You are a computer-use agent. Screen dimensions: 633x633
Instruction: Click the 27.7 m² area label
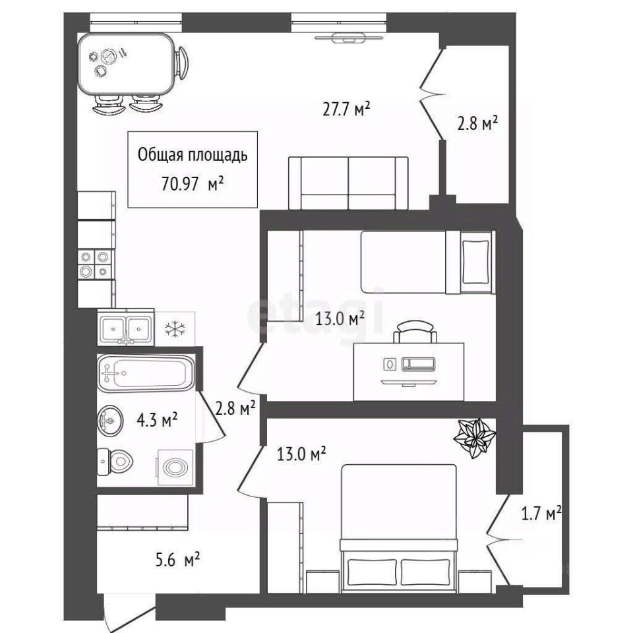pyautogui.click(x=346, y=109)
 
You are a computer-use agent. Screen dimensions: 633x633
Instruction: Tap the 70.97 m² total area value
pyautogui.click(x=193, y=184)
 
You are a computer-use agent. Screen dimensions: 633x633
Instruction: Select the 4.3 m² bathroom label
pyautogui.click(x=157, y=420)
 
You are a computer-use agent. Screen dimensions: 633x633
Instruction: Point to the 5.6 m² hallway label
pyautogui.click(x=177, y=560)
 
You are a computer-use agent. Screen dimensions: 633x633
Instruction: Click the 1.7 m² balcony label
pyautogui.click(x=541, y=514)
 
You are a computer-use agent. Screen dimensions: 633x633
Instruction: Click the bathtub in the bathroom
pyautogui.click(x=146, y=373)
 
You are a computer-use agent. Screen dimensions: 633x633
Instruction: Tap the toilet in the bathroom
pyautogui.click(x=115, y=462)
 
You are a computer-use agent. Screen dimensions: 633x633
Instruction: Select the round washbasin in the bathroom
pyautogui.click(x=110, y=421)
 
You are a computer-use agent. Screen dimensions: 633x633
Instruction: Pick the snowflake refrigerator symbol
pyautogui.click(x=175, y=329)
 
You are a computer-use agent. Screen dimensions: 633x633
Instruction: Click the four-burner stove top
pyautogui.click(x=94, y=264)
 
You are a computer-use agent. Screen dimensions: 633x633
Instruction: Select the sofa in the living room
pyautogui.click(x=348, y=183)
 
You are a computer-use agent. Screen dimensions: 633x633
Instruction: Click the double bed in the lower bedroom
pyautogui.click(x=400, y=528)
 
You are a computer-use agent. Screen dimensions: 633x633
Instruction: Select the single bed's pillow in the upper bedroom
pyautogui.click(x=475, y=262)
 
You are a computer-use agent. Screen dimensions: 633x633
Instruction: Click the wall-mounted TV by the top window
pyautogui.click(x=349, y=38)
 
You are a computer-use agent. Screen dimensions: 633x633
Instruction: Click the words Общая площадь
pyautogui.click(x=193, y=155)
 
